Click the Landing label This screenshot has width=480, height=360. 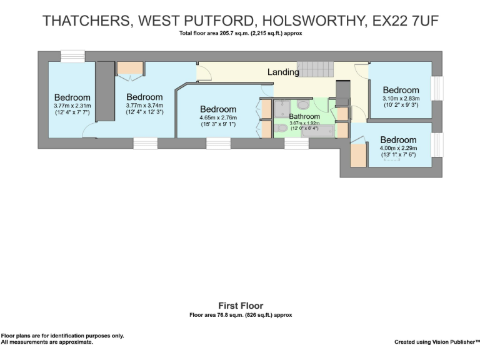[283, 72]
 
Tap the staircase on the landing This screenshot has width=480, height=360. [316, 69]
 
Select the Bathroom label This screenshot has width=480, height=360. [304, 116]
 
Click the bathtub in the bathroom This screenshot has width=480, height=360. [317, 131]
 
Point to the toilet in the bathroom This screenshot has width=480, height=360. [281, 128]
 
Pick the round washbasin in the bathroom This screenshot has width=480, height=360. [303, 104]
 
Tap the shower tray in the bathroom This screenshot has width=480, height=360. [282, 108]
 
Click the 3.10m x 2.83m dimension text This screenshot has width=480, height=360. [401, 98]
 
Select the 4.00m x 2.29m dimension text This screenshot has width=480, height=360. [398, 148]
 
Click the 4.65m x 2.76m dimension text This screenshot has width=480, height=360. [218, 117]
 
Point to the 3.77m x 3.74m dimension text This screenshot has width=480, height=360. [144, 106]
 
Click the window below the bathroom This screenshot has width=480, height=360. [296, 144]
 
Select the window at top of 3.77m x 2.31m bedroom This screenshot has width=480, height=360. [72, 56]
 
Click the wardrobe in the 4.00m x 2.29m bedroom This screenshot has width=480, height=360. [358, 154]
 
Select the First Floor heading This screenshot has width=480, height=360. [240, 306]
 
